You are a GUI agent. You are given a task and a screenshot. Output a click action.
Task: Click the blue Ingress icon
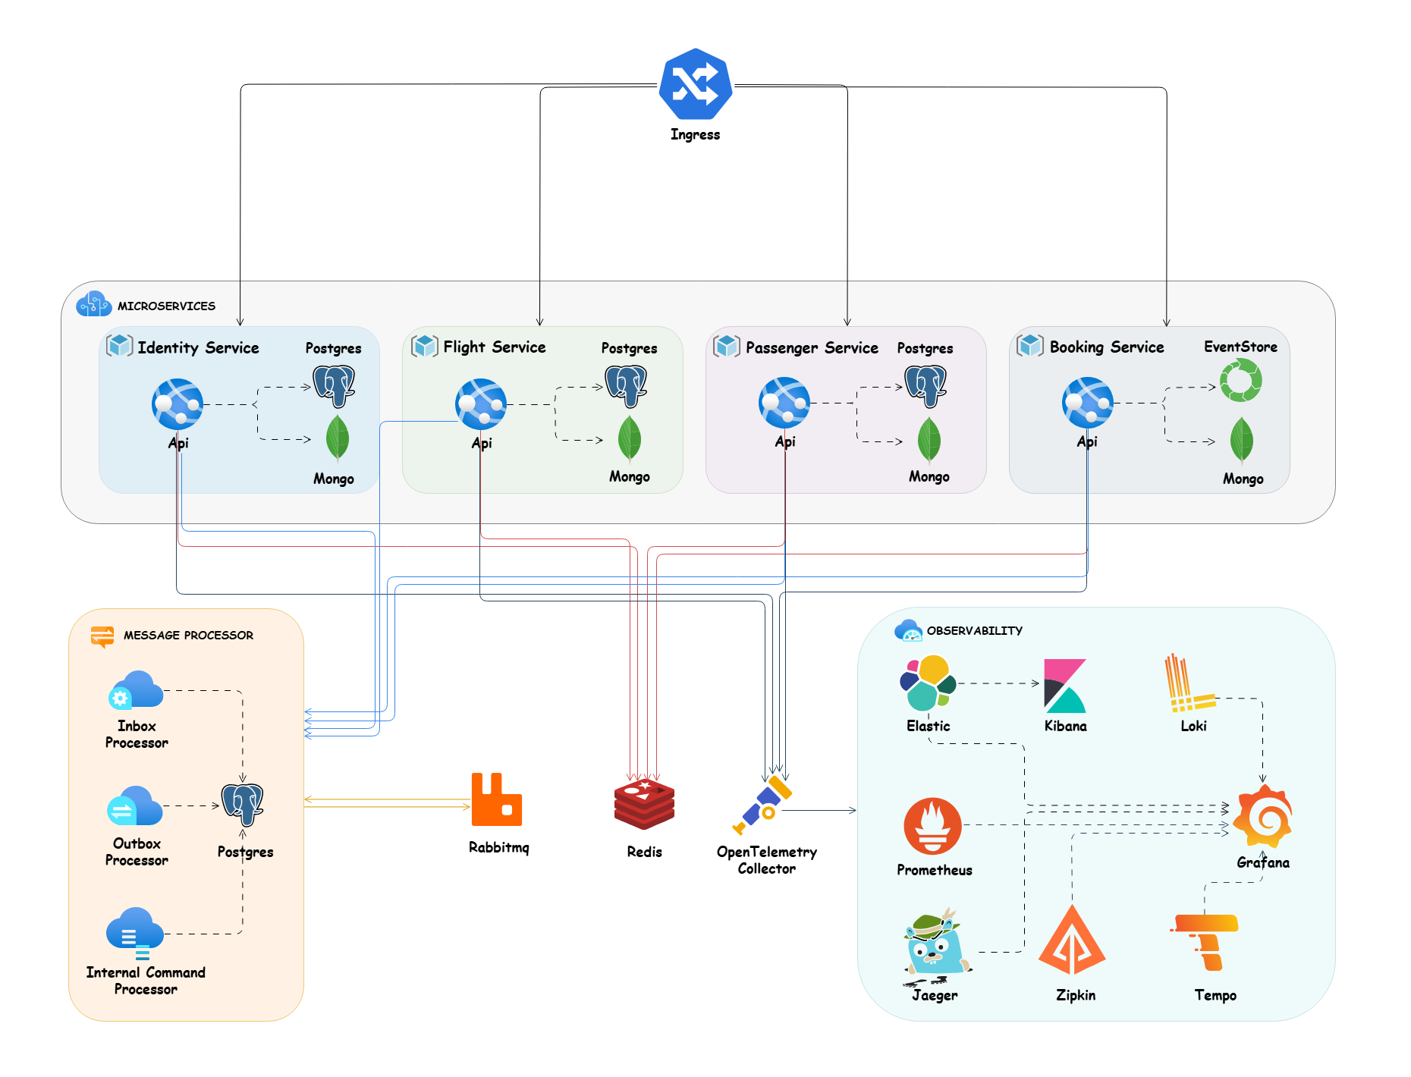[695, 84]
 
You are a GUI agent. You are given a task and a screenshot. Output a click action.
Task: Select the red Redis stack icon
[644, 804]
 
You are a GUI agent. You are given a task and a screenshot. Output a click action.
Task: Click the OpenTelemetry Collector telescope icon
[763, 805]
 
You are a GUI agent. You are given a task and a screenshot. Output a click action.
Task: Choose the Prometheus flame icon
[932, 826]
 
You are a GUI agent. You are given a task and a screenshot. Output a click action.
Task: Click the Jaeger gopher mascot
[936, 944]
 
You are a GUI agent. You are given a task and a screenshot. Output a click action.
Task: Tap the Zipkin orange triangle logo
[1072, 941]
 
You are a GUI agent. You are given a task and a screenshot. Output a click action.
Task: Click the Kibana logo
[1064, 686]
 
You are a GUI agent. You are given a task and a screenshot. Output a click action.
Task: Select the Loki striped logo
[1189, 683]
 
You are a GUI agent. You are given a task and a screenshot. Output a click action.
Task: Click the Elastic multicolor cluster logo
[927, 683]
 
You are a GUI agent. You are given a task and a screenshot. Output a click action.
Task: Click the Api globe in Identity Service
[178, 404]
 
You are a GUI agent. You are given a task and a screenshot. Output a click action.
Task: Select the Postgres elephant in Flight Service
[626, 385]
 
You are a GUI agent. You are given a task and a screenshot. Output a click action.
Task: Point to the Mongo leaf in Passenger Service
[929, 440]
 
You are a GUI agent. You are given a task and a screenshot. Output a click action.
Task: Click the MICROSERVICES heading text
[166, 306]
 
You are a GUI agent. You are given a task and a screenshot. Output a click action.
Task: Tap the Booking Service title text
[1106, 347]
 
